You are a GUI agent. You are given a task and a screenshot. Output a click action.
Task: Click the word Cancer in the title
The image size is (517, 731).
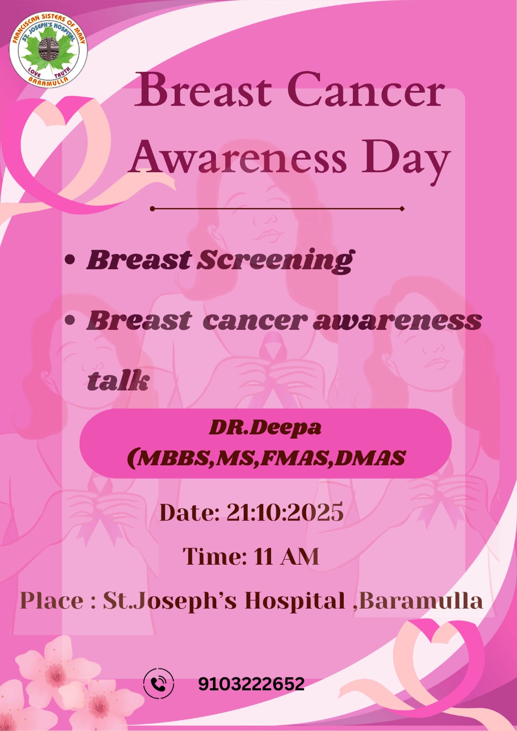coord(365,91)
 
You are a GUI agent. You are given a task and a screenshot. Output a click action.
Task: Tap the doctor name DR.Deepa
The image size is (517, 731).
coord(265,428)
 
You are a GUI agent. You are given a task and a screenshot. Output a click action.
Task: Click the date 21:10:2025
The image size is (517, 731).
coord(285,512)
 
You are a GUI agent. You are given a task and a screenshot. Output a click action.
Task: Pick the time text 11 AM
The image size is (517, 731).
coord(286,556)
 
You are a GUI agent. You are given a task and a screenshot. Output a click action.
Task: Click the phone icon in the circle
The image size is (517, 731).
coord(159,683)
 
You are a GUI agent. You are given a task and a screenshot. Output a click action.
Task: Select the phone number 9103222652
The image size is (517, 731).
coord(251,683)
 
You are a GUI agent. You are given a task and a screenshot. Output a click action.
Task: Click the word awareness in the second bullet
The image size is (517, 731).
coord(397,321)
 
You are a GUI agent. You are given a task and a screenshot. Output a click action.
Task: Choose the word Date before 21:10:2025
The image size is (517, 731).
coord(189,512)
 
